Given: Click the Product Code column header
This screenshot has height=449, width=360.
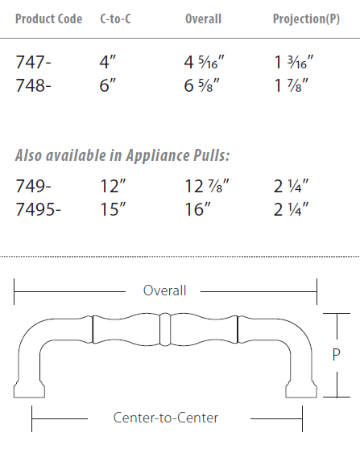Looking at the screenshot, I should coord(48,19).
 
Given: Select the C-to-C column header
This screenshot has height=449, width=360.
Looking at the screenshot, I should coord(117,19).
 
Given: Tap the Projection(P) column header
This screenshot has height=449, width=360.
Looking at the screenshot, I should coord(306,19).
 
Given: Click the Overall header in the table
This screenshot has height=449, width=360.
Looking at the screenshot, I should coord(203,19).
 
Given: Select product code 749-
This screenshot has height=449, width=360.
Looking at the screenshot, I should coord(33,187).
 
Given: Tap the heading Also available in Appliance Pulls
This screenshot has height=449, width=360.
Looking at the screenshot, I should coord(117,155).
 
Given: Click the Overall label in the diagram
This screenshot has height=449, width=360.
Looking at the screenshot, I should coord(164,290).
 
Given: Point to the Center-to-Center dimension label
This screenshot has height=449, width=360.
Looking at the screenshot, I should coord(165,418).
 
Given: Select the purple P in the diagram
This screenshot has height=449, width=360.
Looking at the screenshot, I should coord(337,355).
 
